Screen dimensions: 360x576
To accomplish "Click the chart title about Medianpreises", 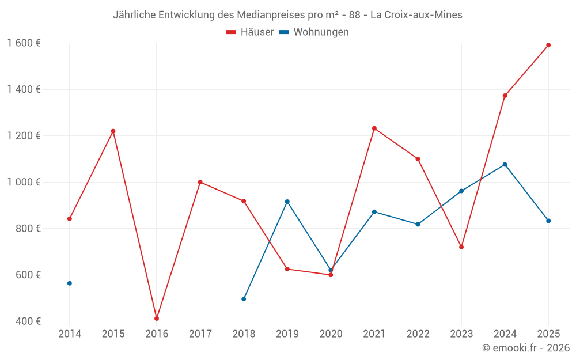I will pyautogui.click(x=287, y=15).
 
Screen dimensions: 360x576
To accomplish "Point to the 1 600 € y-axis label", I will pyautogui.click(x=24, y=43).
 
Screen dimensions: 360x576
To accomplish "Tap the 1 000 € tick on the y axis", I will pyautogui.click(x=24, y=182).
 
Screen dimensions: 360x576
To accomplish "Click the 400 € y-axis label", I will pyautogui.click(x=27, y=321).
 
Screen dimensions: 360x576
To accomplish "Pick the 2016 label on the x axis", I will pyautogui.click(x=157, y=334).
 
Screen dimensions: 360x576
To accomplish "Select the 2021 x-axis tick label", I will pyautogui.click(x=374, y=334).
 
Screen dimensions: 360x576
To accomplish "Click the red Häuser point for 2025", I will pyautogui.click(x=548, y=45).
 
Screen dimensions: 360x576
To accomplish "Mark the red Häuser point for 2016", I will pyautogui.click(x=157, y=319).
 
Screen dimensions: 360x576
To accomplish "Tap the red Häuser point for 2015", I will pyautogui.click(x=113, y=131).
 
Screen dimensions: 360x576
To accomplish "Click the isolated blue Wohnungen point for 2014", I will pyautogui.click(x=70, y=283).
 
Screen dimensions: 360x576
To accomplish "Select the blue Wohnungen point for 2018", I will pyautogui.click(x=244, y=299).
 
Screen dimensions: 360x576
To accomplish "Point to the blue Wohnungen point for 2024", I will pyautogui.click(x=505, y=165).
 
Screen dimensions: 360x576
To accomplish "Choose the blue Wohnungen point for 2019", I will pyautogui.click(x=287, y=202).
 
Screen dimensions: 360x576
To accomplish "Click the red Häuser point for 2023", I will pyautogui.click(x=461, y=247).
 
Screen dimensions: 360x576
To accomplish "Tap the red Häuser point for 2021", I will pyautogui.click(x=374, y=128).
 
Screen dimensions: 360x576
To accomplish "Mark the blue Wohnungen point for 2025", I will pyautogui.click(x=548, y=221).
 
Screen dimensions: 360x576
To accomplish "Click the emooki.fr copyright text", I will pyautogui.click(x=525, y=348).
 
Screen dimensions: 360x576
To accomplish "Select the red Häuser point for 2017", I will pyautogui.click(x=200, y=182).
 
